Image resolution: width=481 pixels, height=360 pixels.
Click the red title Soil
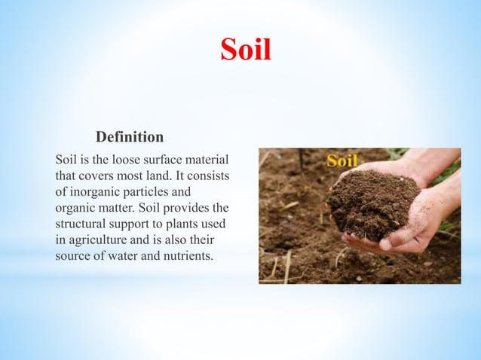coord(245,50)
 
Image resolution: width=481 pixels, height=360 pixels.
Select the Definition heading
coord(130,138)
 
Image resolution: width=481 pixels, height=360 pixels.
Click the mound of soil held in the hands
coord(375,203)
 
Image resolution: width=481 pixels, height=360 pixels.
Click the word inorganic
coord(96,191)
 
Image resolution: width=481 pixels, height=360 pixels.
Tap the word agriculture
coord(97,239)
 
